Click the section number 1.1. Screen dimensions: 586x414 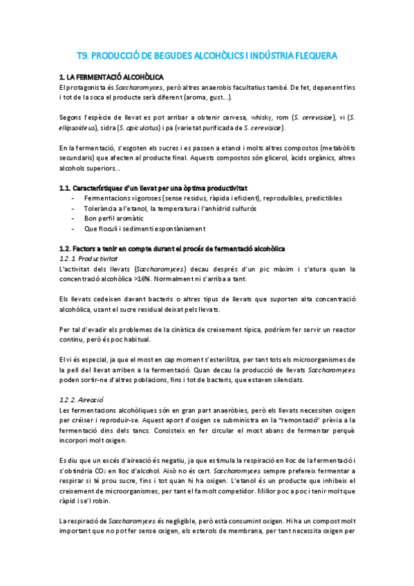67,189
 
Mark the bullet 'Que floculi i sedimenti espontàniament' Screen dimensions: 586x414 151,229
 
